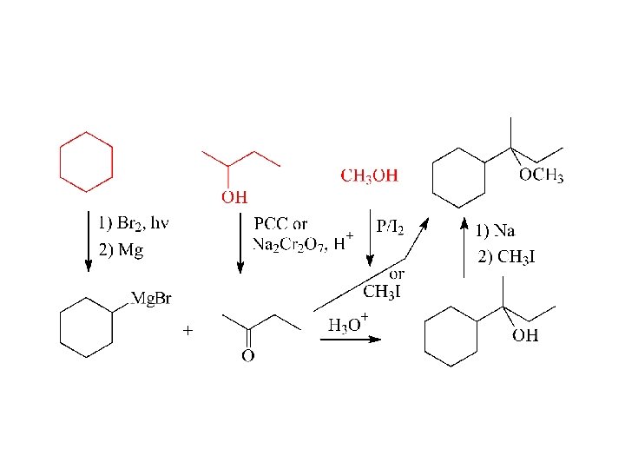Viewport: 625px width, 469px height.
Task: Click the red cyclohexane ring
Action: (x=86, y=162)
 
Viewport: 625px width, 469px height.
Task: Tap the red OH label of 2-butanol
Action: (x=234, y=197)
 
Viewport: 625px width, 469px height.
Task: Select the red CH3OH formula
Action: (x=369, y=176)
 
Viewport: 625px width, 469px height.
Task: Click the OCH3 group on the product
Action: (x=541, y=176)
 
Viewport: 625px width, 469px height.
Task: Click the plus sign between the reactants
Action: (x=187, y=331)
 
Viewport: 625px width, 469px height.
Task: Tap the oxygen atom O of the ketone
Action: (x=247, y=355)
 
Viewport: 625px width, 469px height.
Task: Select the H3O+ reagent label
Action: (x=348, y=325)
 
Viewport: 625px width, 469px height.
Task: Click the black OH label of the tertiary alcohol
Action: (x=525, y=335)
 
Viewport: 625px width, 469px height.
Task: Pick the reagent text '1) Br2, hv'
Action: (x=134, y=224)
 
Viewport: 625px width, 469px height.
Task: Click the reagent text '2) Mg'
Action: (x=121, y=252)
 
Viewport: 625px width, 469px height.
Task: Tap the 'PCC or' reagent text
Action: (x=280, y=225)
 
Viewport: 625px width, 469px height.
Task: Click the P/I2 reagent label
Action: (x=390, y=227)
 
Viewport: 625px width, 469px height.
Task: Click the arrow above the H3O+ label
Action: (x=350, y=339)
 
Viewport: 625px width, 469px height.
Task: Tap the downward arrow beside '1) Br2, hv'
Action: (x=88, y=241)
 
